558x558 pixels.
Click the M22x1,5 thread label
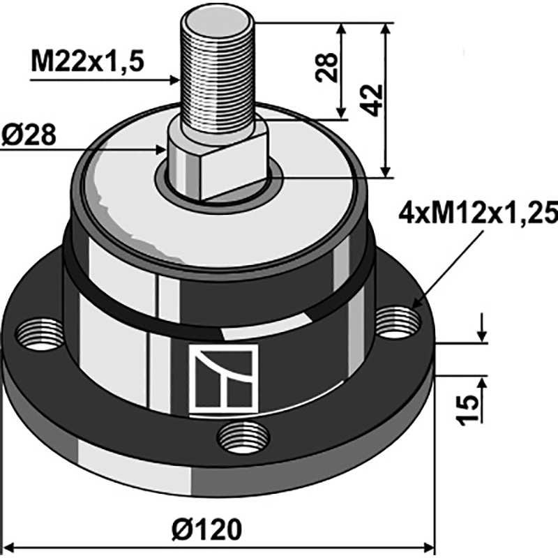tap(87, 61)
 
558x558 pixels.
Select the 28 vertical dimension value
tap(326, 68)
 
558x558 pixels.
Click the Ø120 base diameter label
tap(206, 530)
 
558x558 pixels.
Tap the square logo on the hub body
tap(223, 378)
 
